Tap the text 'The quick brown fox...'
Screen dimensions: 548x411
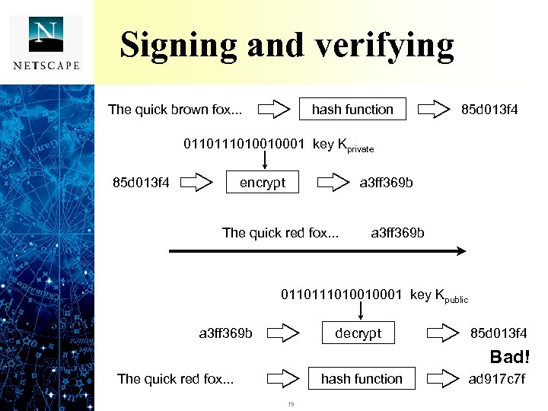coord(175,110)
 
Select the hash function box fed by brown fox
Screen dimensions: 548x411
coord(352,110)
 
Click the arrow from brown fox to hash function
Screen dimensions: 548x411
coord(274,110)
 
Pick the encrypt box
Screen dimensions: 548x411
coord(263,183)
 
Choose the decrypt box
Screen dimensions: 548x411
coord(358,333)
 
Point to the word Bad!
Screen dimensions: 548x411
coord(508,357)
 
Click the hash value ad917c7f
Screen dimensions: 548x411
coord(497,378)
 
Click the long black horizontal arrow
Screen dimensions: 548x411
coord(317,251)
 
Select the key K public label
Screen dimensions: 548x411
coord(439,295)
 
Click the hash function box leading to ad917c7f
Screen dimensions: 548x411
coord(362,378)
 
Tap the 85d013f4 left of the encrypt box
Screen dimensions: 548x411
coord(141,183)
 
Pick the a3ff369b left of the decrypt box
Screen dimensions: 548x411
coord(225,333)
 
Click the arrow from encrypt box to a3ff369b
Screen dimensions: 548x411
coord(332,183)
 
